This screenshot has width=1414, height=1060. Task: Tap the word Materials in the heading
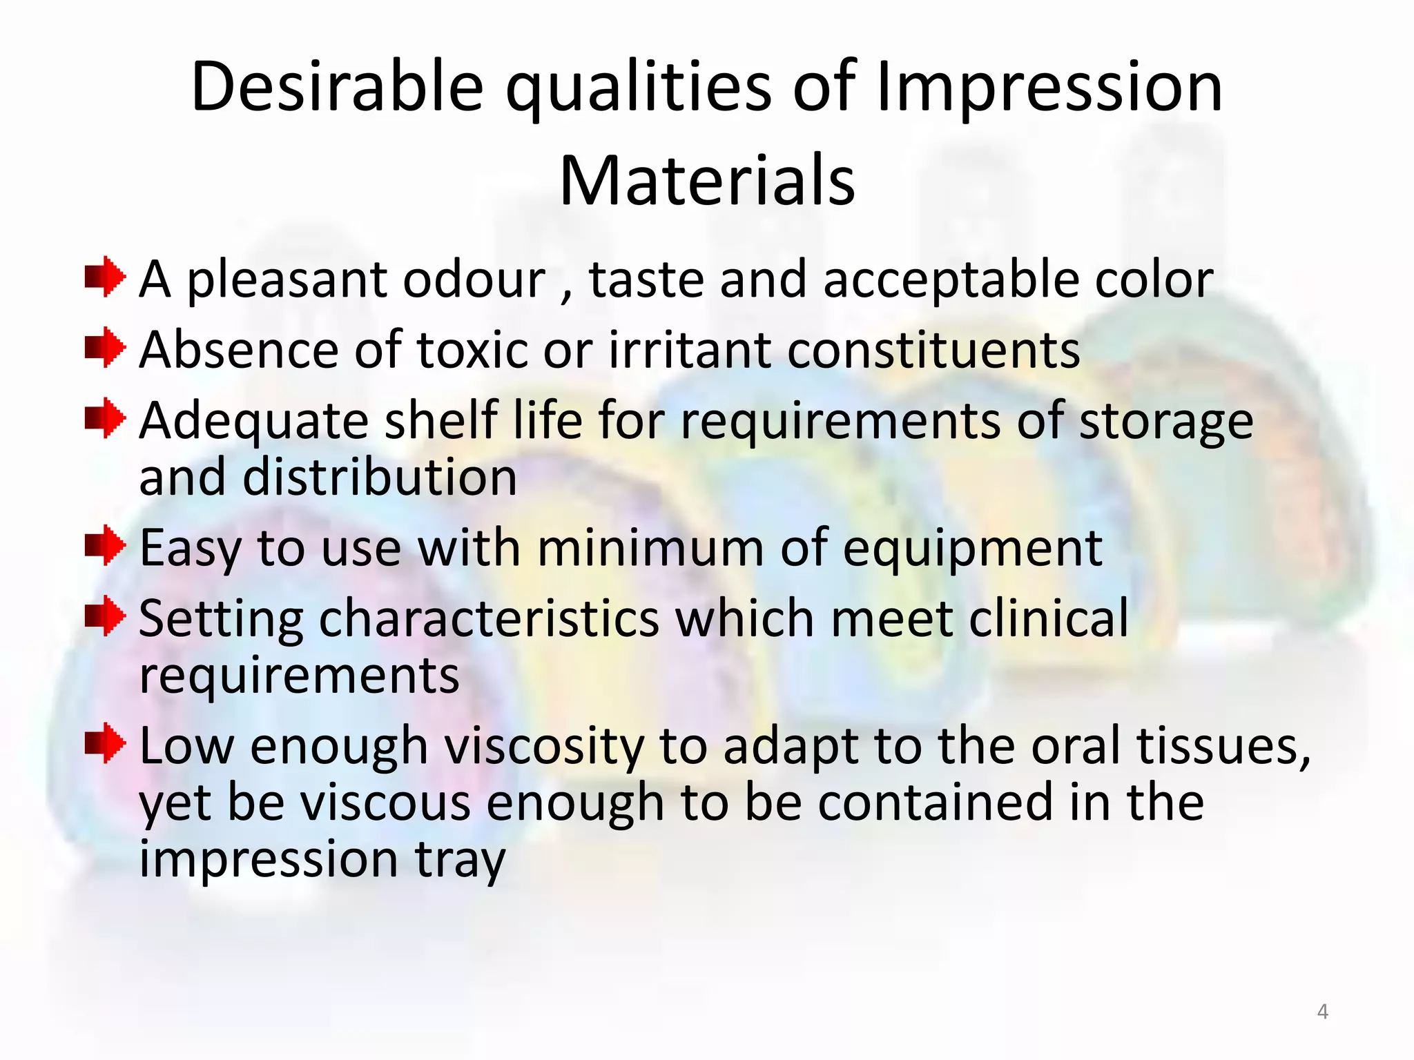tap(707, 181)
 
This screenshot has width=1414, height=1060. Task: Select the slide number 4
tap(1322, 1012)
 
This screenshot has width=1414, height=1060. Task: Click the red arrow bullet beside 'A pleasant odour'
tap(105, 277)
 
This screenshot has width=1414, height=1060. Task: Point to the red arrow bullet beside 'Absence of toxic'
tap(105, 348)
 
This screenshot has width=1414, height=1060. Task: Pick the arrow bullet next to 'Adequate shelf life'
tap(105, 418)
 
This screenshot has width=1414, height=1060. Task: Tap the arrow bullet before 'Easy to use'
tap(105, 546)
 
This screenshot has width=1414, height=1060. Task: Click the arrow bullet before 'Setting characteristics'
tap(105, 616)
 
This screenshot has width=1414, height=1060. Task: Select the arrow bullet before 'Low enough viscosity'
tap(105, 744)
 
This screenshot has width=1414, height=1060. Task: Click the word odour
tap(474, 279)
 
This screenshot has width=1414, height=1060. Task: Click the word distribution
tap(379, 478)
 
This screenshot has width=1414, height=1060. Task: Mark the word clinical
tap(1048, 618)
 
